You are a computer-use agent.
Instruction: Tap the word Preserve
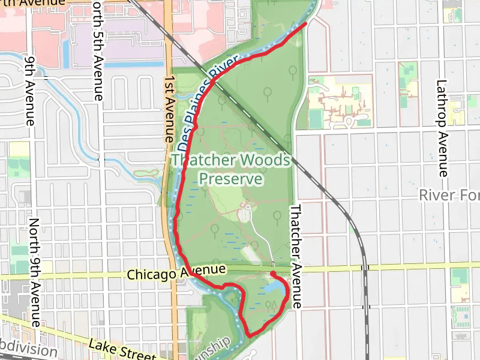coord(231,179)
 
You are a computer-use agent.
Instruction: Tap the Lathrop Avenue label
coord(442,128)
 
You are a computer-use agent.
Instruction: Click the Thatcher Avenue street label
coord(296,257)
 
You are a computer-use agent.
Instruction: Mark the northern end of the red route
coord(307,23)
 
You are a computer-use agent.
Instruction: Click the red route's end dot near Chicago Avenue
coord(273,274)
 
